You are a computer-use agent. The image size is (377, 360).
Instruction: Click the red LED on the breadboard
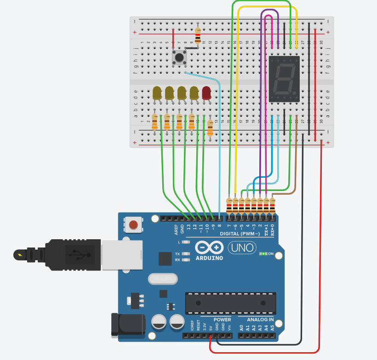(206, 93)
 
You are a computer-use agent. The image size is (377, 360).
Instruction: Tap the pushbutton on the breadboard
(179, 57)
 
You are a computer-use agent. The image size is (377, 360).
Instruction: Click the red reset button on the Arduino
(133, 225)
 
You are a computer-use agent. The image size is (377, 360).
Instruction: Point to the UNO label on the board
(242, 248)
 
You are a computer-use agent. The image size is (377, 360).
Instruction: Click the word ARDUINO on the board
(209, 258)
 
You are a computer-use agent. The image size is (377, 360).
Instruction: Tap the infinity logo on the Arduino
(209, 248)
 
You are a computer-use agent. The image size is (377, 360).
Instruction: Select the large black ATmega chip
(230, 303)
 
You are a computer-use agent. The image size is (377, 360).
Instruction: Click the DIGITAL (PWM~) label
(243, 234)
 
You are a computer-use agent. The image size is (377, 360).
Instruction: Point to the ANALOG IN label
(260, 320)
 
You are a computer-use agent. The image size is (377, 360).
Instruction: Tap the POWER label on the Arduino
(223, 320)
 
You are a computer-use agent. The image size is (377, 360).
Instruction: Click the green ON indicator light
(263, 253)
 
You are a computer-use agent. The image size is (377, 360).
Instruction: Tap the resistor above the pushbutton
(198, 34)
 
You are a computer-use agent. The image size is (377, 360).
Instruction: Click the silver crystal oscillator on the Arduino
(162, 278)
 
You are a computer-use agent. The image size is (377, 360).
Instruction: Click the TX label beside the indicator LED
(177, 254)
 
